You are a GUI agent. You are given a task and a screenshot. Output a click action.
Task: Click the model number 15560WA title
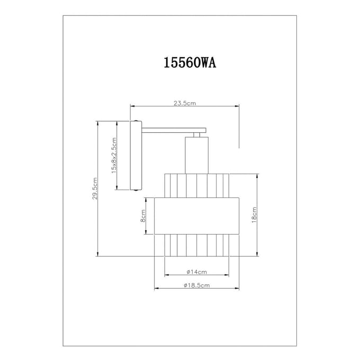(x=190, y=62)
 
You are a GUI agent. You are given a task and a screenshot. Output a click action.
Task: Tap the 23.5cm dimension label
(x=185, y=103)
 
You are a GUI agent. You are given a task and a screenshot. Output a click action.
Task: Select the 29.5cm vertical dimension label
(x=95, y=188)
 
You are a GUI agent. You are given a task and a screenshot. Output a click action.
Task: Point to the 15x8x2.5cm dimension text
(x=114, y=155)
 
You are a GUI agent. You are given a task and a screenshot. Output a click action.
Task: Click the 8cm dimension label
(x=143, y=216)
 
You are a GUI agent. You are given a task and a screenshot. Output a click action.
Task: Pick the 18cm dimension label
(x=254, y=215)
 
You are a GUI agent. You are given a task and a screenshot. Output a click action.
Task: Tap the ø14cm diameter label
(x=196, y=272)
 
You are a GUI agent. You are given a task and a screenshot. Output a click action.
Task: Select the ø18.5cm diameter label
(x=197, y=285)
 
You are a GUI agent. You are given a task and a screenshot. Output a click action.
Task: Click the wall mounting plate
(x=136, y=156)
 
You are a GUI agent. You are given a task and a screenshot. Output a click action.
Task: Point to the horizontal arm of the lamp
(x=174, y=130)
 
